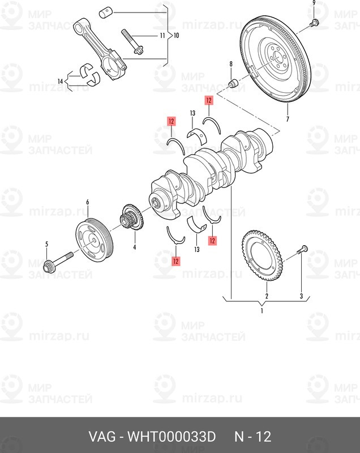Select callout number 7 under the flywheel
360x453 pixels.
[288, 119]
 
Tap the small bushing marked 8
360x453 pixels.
[233, 83]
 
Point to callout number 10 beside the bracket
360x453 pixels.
[177, 36]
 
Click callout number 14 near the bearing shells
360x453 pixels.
[60, 82]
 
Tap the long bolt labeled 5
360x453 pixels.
[59, 262]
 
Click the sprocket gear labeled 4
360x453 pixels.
[132, 218]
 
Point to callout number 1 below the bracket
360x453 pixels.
[262, 311]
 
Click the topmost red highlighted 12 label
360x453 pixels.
[208, 101]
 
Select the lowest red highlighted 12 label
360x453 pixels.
[175, 261]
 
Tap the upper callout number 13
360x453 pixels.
[192, 113]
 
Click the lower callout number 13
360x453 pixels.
[197, 249]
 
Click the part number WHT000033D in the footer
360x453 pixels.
[172, 437]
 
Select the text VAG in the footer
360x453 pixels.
[102, 437]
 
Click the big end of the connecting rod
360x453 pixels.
[113, 65]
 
